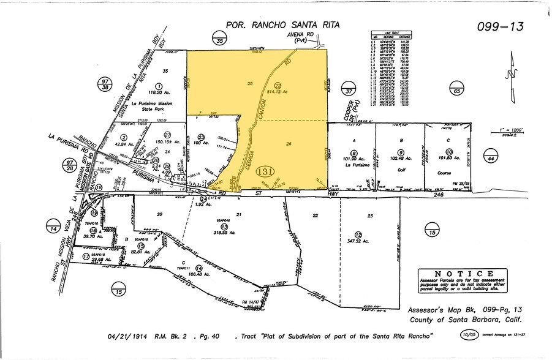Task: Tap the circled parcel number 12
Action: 358,234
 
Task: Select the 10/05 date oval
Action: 469,335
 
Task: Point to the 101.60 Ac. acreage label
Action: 449,159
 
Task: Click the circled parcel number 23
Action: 202,137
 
